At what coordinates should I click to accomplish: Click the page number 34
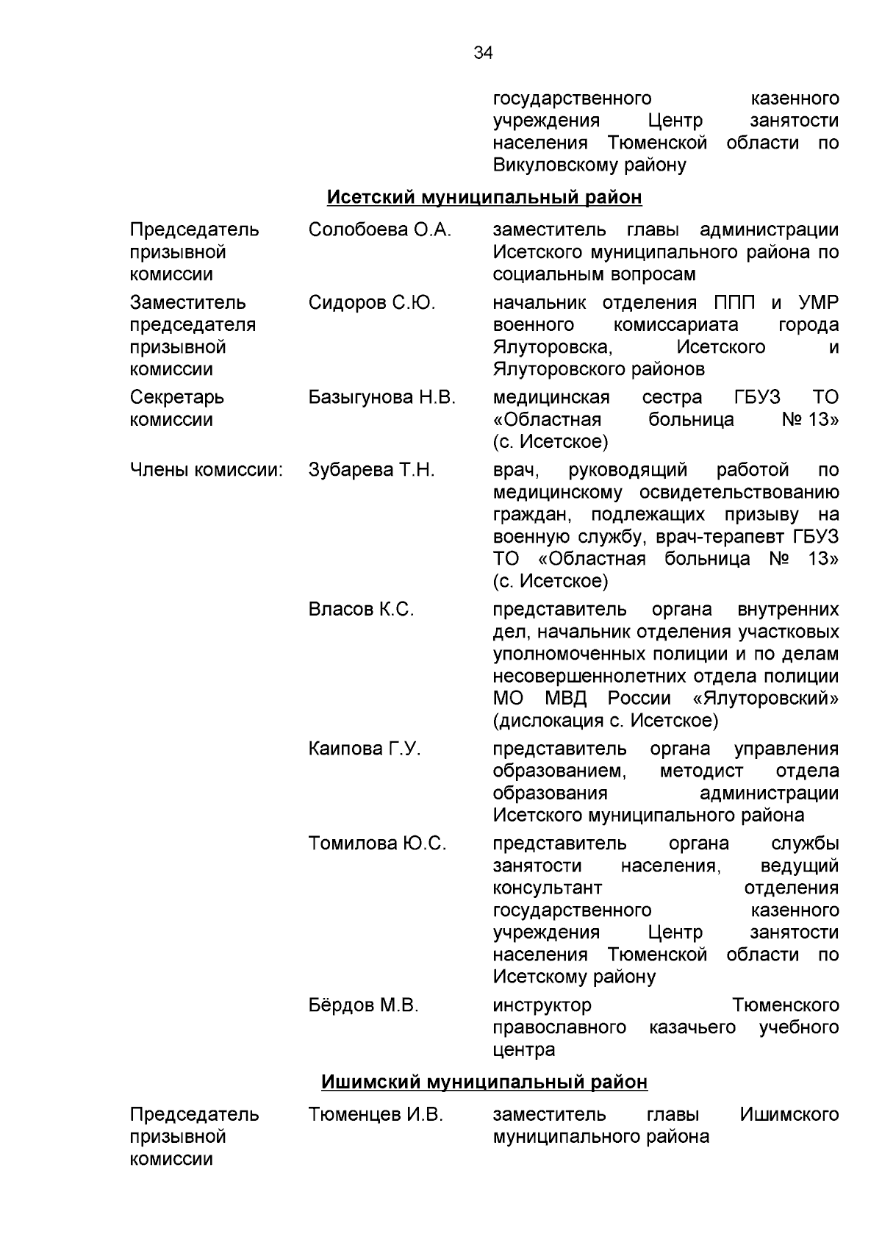[483, 53]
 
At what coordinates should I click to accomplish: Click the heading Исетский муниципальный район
[484, 197]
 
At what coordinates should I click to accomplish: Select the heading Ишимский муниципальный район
[484, 1082]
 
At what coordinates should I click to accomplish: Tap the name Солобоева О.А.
[380, 229]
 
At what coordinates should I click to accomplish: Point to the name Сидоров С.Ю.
[372, 302]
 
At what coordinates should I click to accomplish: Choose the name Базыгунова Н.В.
[382, 397]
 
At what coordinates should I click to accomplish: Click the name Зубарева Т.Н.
[372, 469]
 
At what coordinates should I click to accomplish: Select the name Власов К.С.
[361, 609]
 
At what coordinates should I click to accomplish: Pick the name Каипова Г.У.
[365, 749]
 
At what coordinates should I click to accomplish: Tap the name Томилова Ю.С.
[377, 843]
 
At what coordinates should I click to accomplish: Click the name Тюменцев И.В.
[376, 1114]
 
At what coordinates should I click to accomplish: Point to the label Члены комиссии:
[207, 469]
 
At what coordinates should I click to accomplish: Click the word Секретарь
[177, 397]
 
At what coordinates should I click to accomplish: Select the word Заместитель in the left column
[188, 302]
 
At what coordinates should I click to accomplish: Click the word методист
[702, 771]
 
